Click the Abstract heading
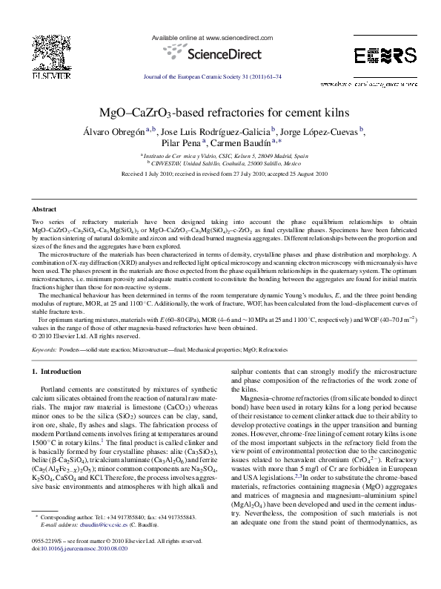click(x=45, y=210)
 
